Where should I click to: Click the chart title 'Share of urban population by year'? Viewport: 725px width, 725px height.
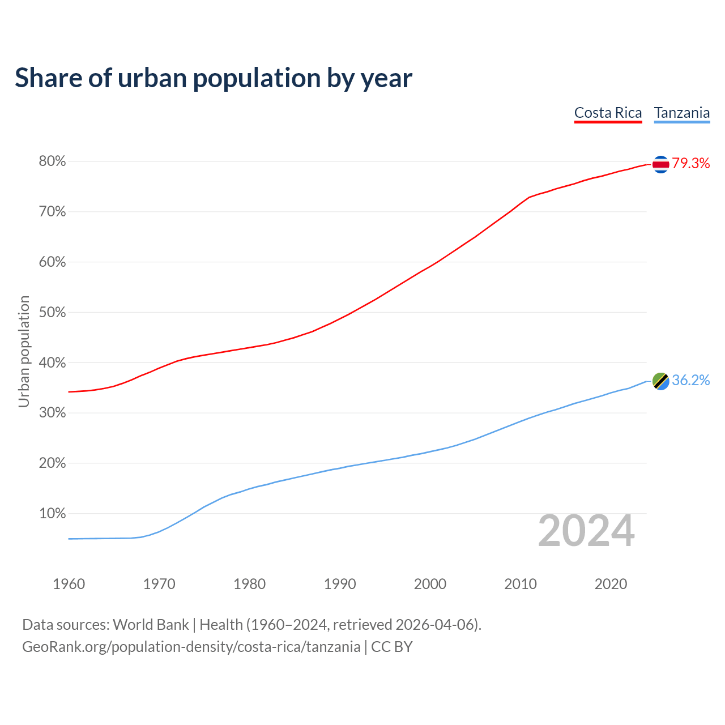tap(214, 78)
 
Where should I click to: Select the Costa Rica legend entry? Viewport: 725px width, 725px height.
tap(608, 113)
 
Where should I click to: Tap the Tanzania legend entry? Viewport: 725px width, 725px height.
tap(682, 113)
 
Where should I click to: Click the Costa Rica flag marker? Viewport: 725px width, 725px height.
tap(660, 164)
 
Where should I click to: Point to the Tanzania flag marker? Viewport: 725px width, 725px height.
tap(660, 381)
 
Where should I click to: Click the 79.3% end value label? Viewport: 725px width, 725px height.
tap(691, 164)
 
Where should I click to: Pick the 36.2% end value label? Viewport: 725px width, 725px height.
tap(691, 381)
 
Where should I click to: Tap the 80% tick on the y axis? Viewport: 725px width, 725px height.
tap(53, 161)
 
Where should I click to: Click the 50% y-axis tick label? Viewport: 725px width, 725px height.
tap(53, 313)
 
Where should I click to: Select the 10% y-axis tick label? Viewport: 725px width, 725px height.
tap(53, 514)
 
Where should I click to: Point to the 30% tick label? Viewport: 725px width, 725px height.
tap(53, 413)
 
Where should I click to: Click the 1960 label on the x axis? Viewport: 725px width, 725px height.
tap(69, 584)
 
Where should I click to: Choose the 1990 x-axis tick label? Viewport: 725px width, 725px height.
tap(340, 584)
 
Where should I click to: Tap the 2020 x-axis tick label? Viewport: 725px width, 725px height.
tap(611, 584)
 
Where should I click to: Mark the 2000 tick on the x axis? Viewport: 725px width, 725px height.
tap(430, 584)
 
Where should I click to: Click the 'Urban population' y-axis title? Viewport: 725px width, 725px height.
tap(24, 351)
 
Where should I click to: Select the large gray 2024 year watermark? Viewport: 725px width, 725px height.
tap(586, 531)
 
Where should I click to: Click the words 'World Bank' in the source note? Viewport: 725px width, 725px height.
tap(151, 625)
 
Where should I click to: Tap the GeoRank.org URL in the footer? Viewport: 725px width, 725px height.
tap(191, 647)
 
